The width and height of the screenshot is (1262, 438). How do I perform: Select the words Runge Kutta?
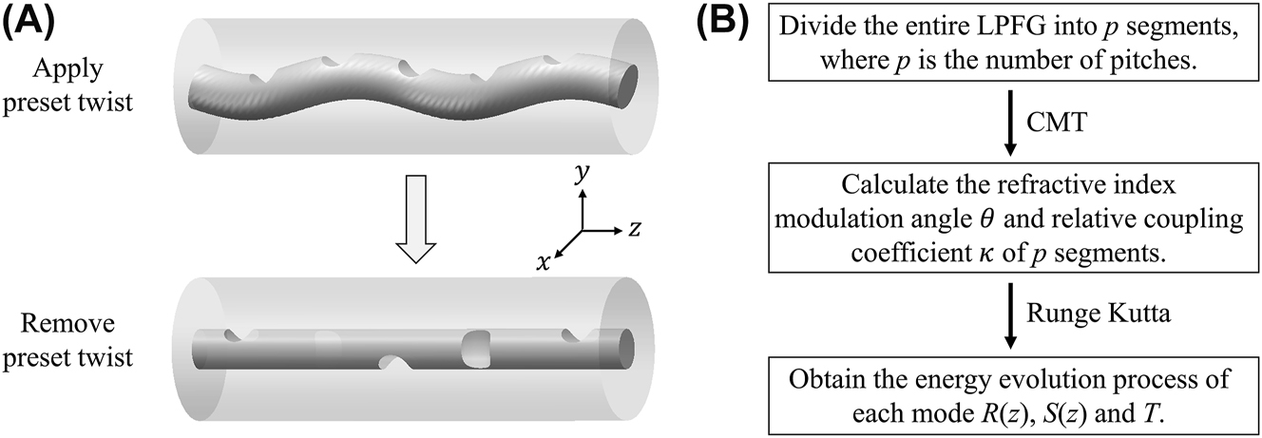point(1080,312)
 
